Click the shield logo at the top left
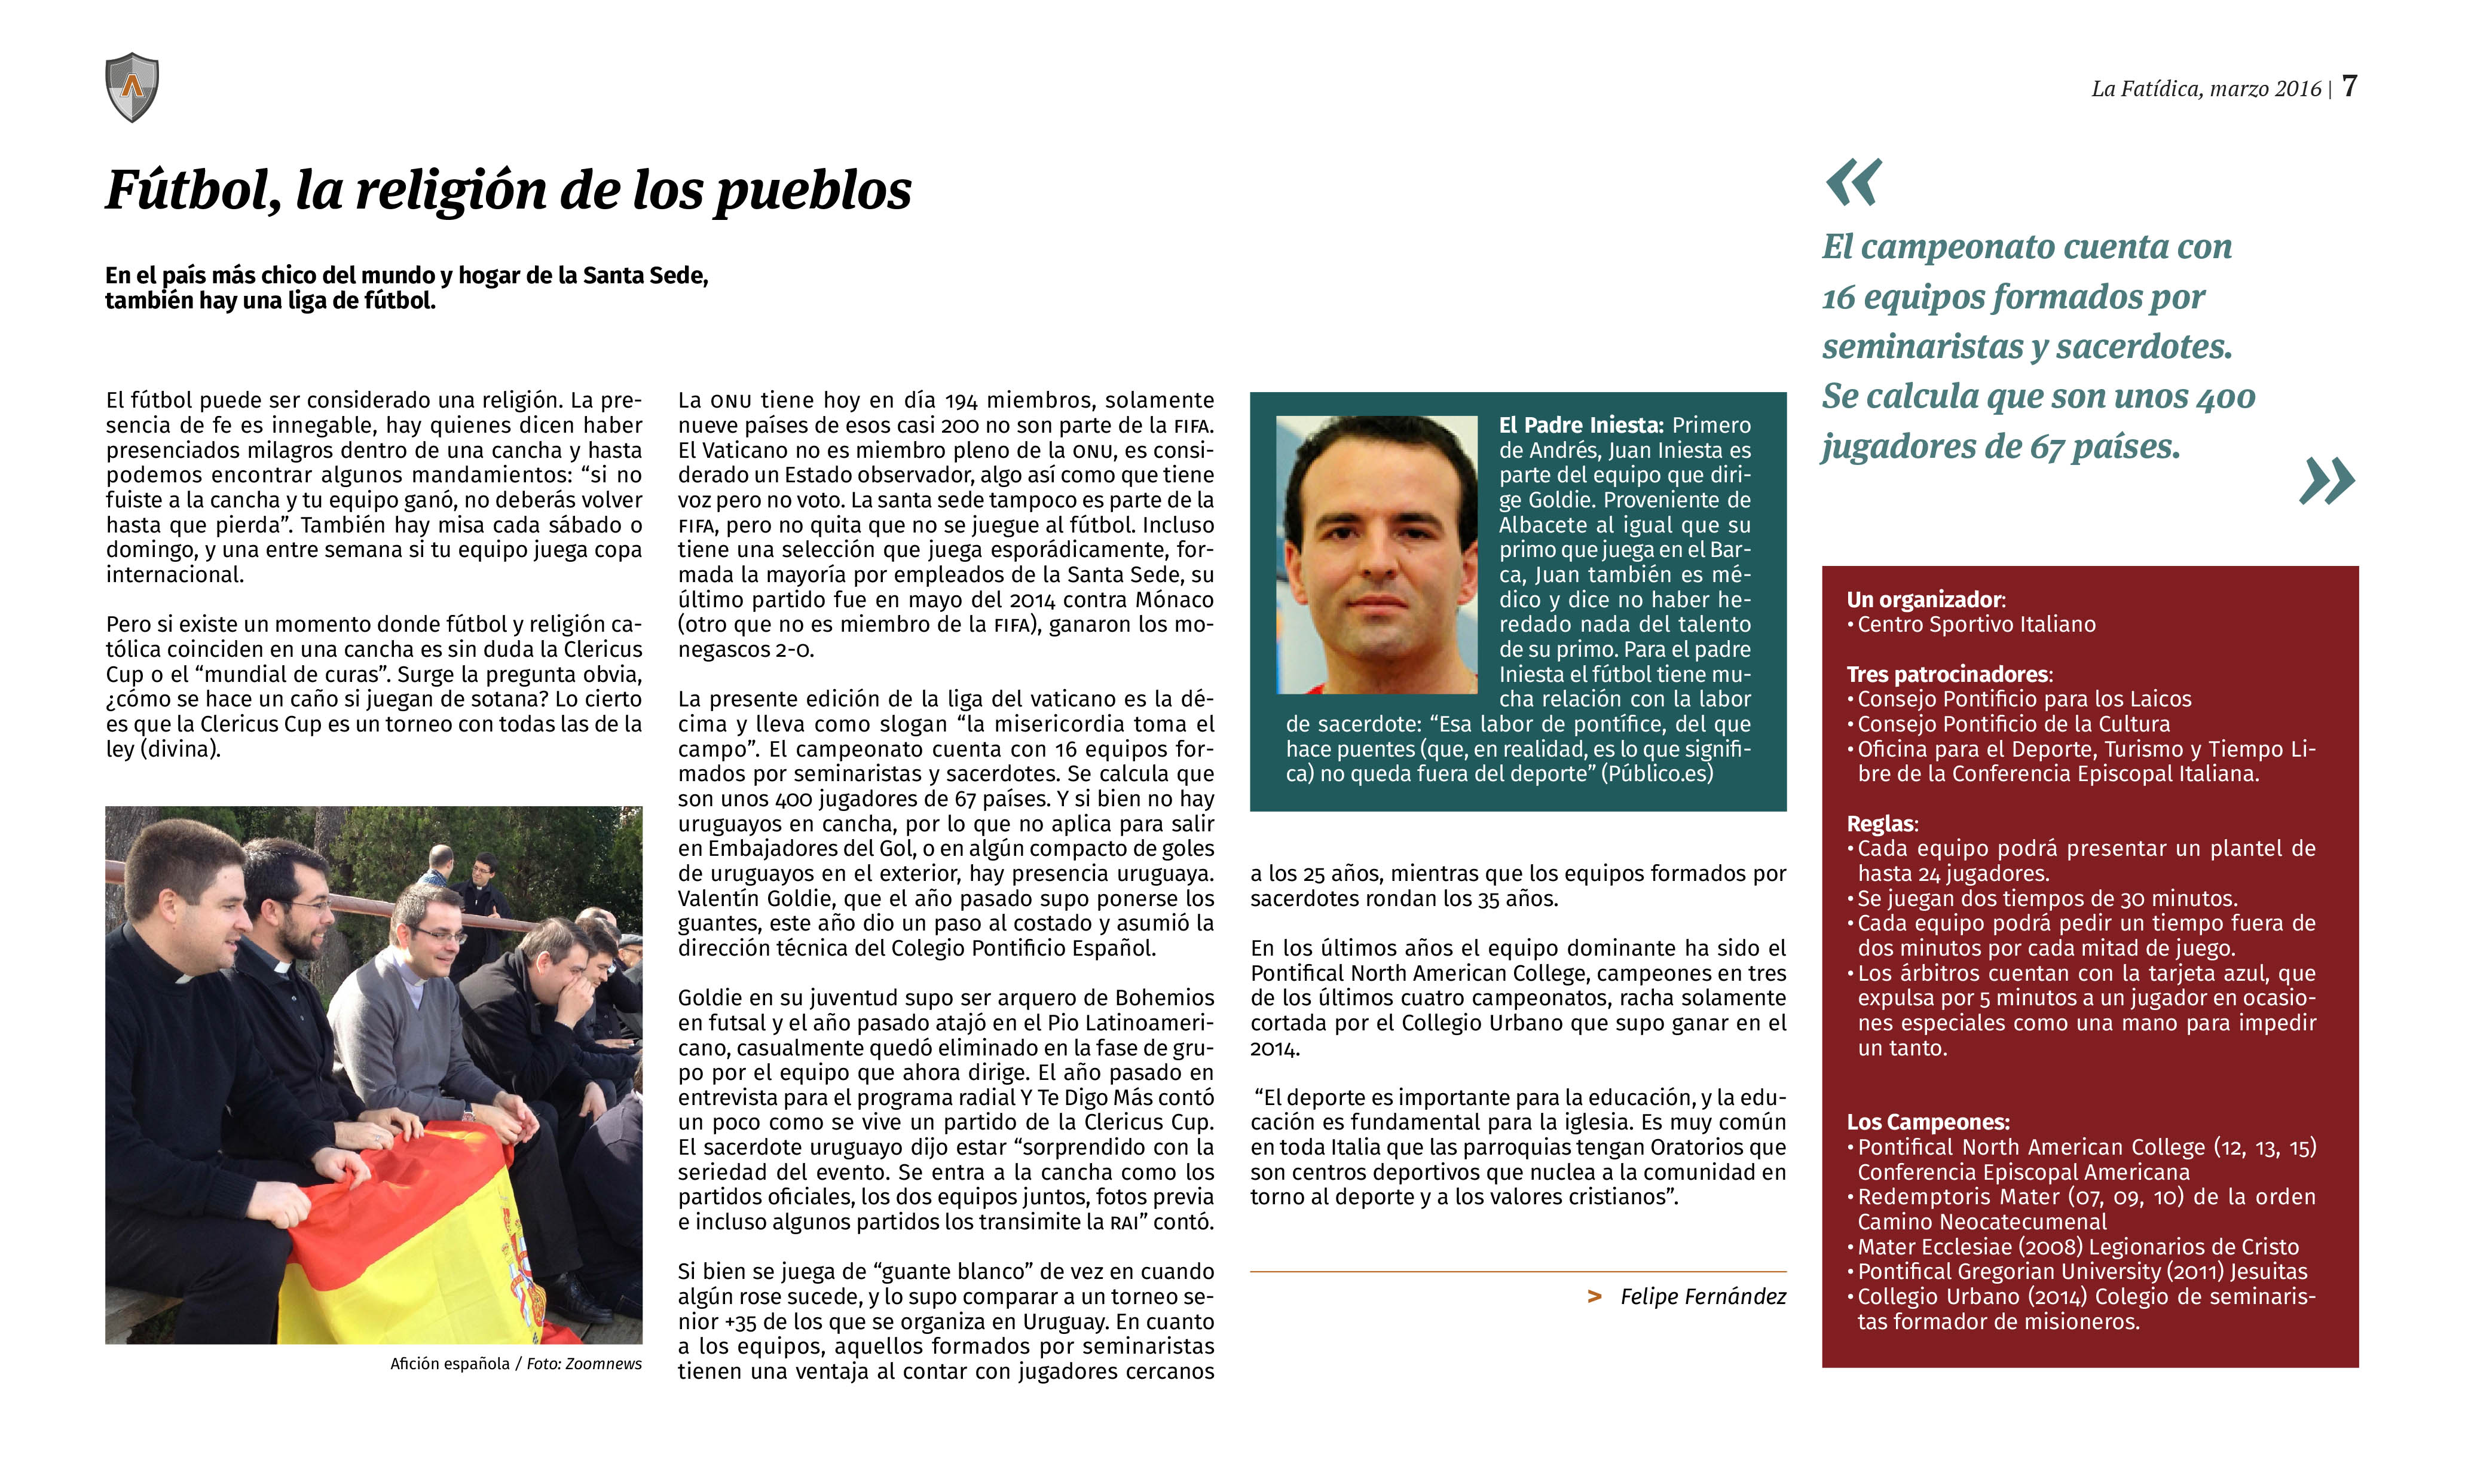(131, 87)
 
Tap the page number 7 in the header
(2348, 87)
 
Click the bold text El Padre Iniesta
(1580, 426)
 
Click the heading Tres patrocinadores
(1948, 674)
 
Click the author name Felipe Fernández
(1703, 1297)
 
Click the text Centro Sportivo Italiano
(1976, 625)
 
